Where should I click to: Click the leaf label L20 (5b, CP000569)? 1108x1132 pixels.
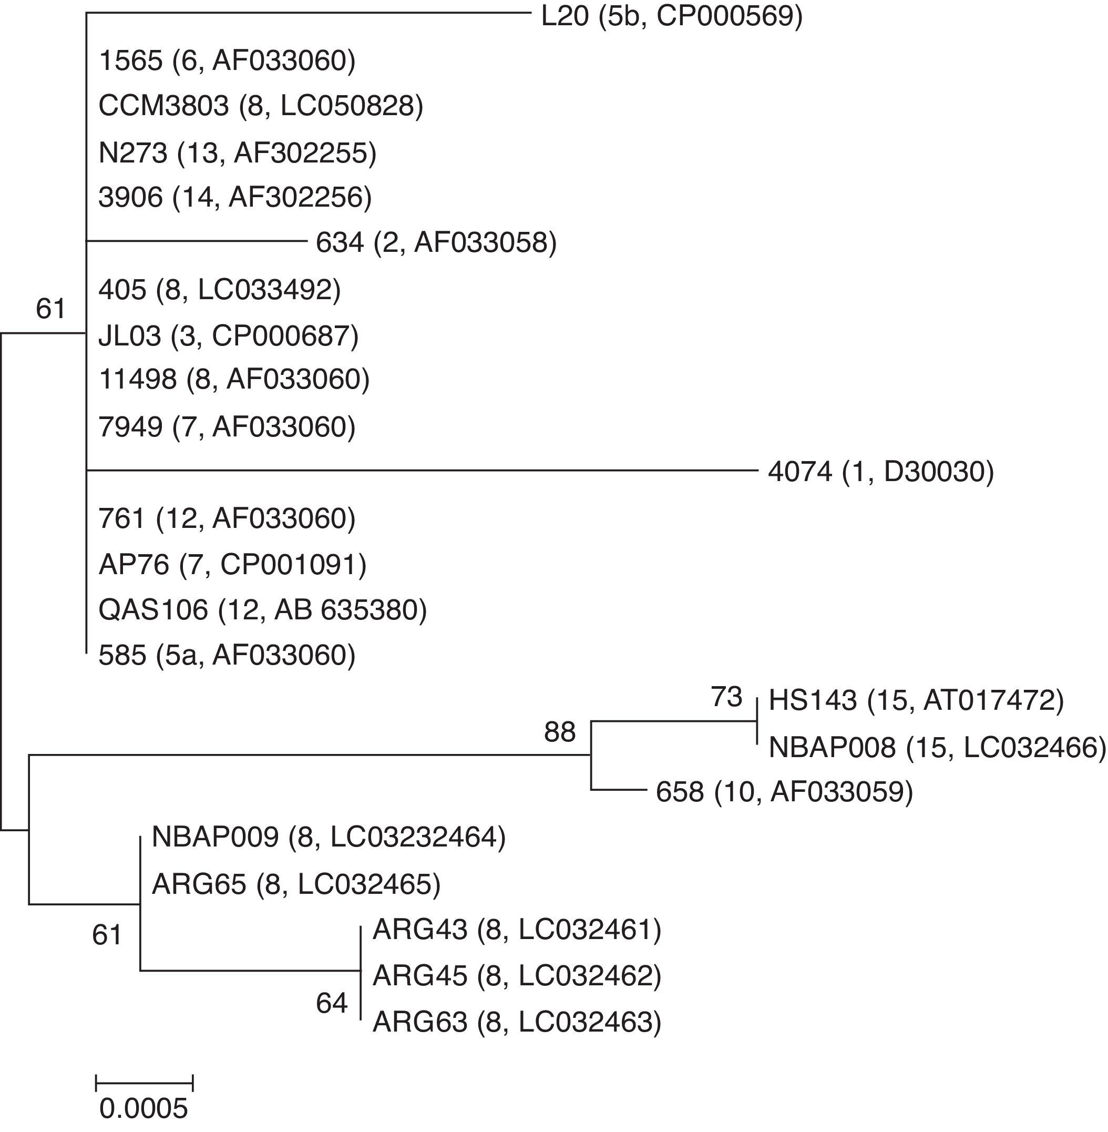(672, 16)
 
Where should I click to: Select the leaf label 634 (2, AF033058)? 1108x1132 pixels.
(436, 242)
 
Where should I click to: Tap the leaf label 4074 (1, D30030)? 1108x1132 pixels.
(880, 472)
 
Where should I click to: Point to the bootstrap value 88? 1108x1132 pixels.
(560, 732)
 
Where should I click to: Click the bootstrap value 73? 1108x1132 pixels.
(727, 697)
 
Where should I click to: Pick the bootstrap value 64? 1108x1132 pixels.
(332, 1003)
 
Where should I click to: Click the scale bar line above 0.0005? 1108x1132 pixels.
(143, 1083)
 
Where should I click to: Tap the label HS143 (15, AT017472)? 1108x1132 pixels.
(916, 700)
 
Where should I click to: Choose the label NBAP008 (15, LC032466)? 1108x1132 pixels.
(937, 747)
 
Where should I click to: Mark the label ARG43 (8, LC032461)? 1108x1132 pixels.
(517, 930)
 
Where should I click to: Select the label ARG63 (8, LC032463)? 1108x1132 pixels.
(517, 1022)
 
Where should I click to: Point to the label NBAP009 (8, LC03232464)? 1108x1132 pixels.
(328, 837)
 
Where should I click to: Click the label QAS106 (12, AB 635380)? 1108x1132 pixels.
(262, 610)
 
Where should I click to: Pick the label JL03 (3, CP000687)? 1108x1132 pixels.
(228, 336)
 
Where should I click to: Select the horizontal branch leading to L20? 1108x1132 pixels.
(309, 12)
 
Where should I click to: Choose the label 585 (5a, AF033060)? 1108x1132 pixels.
(227, 655)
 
